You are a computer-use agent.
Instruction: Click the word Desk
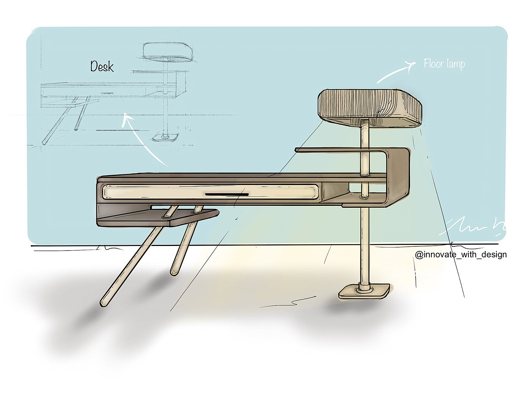[102, 67]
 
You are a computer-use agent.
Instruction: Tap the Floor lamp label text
[444, 64]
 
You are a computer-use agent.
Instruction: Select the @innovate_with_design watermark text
[461, 254]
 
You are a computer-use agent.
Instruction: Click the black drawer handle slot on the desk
[227, 194]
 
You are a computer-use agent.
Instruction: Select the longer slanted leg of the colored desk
[131, 265]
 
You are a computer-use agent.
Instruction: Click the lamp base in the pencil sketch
[165, 137]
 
